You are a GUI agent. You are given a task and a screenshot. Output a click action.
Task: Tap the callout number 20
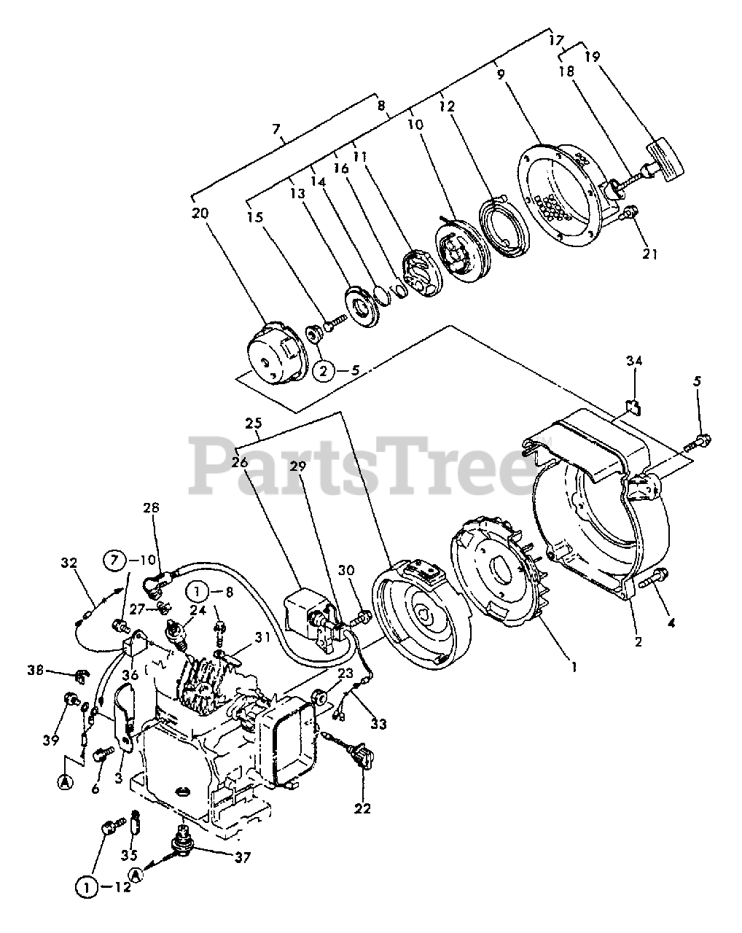click(200, 214)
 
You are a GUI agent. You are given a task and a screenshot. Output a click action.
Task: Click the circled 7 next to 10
click(114, 561)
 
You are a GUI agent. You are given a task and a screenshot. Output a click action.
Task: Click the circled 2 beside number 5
click(325, 371)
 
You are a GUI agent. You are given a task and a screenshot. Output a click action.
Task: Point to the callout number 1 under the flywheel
click(574, 666)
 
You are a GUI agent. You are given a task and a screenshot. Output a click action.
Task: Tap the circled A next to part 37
click(133, 874)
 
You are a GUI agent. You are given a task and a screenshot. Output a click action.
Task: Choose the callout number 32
click(69, 563)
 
